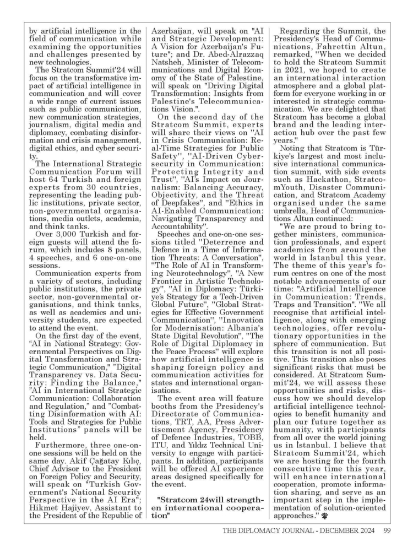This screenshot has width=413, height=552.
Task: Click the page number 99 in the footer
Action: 387,531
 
